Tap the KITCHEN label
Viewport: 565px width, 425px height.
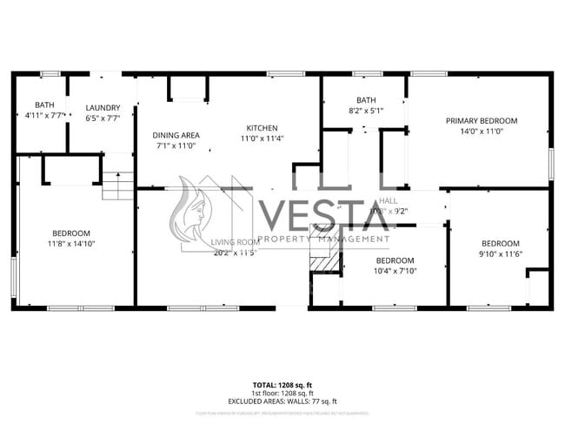pyautogui.click(x=262, y=128)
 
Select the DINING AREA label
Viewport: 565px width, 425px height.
pyautogui.click(x=176, y=135)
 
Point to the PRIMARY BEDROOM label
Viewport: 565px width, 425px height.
pyautogui.click(x=482, y=121)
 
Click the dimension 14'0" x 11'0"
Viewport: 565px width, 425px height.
pyautogui.click(x=482, y=132)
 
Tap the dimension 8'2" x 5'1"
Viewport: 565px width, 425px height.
pyautogui.click(x=366, y=111)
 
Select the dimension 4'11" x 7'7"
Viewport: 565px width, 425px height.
pyautogui.click(x=43, y=115)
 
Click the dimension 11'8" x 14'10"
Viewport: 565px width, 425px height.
pyautogui.click(x=70, y=244)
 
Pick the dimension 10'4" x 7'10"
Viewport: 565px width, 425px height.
pyautogui.click(x=395, y=271)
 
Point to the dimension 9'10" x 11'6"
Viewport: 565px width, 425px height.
pyautogui.click(x=500, y=254)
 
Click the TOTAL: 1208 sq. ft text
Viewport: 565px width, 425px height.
pyautogui.click(x=282, y=384)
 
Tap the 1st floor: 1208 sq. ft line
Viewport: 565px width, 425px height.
pyautogui.click(x=282, y=392)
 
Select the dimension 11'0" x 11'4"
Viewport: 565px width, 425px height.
pyautogui.click(x=262, y=138)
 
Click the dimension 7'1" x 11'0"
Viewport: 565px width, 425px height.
pyautogui.click(x=176, y=145)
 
